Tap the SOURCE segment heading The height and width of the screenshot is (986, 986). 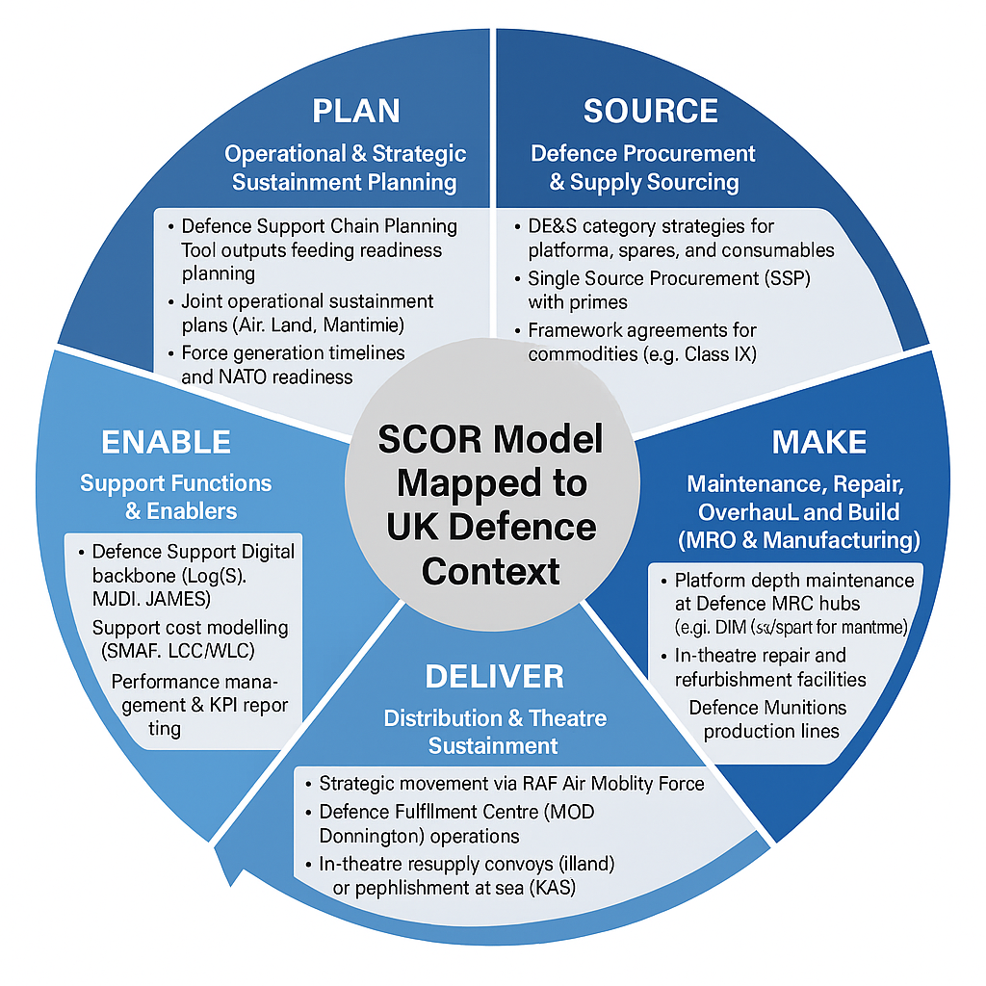click(x=651, y=111)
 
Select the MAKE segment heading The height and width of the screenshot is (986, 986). click(x=819, y=442)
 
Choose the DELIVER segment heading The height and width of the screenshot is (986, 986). click(x=494, y=676)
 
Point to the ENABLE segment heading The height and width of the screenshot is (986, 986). click(x=166, y=442)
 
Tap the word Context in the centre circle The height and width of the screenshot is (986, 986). click(x=491, y=571)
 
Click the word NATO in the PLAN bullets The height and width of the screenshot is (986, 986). click(x=247, y=377)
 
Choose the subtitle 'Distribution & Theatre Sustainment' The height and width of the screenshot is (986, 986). click(x=494, y=731)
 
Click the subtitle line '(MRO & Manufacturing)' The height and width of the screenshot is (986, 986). click(x=798, y=539)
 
